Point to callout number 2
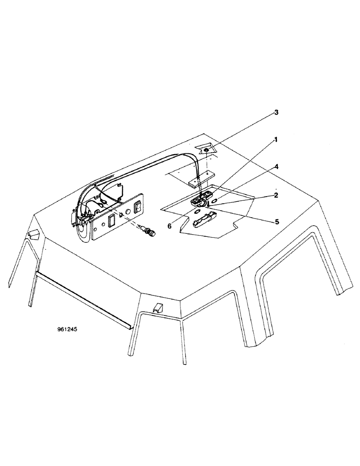[277, 195]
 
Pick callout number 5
[277, 222]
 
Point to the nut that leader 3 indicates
[206, 151]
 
